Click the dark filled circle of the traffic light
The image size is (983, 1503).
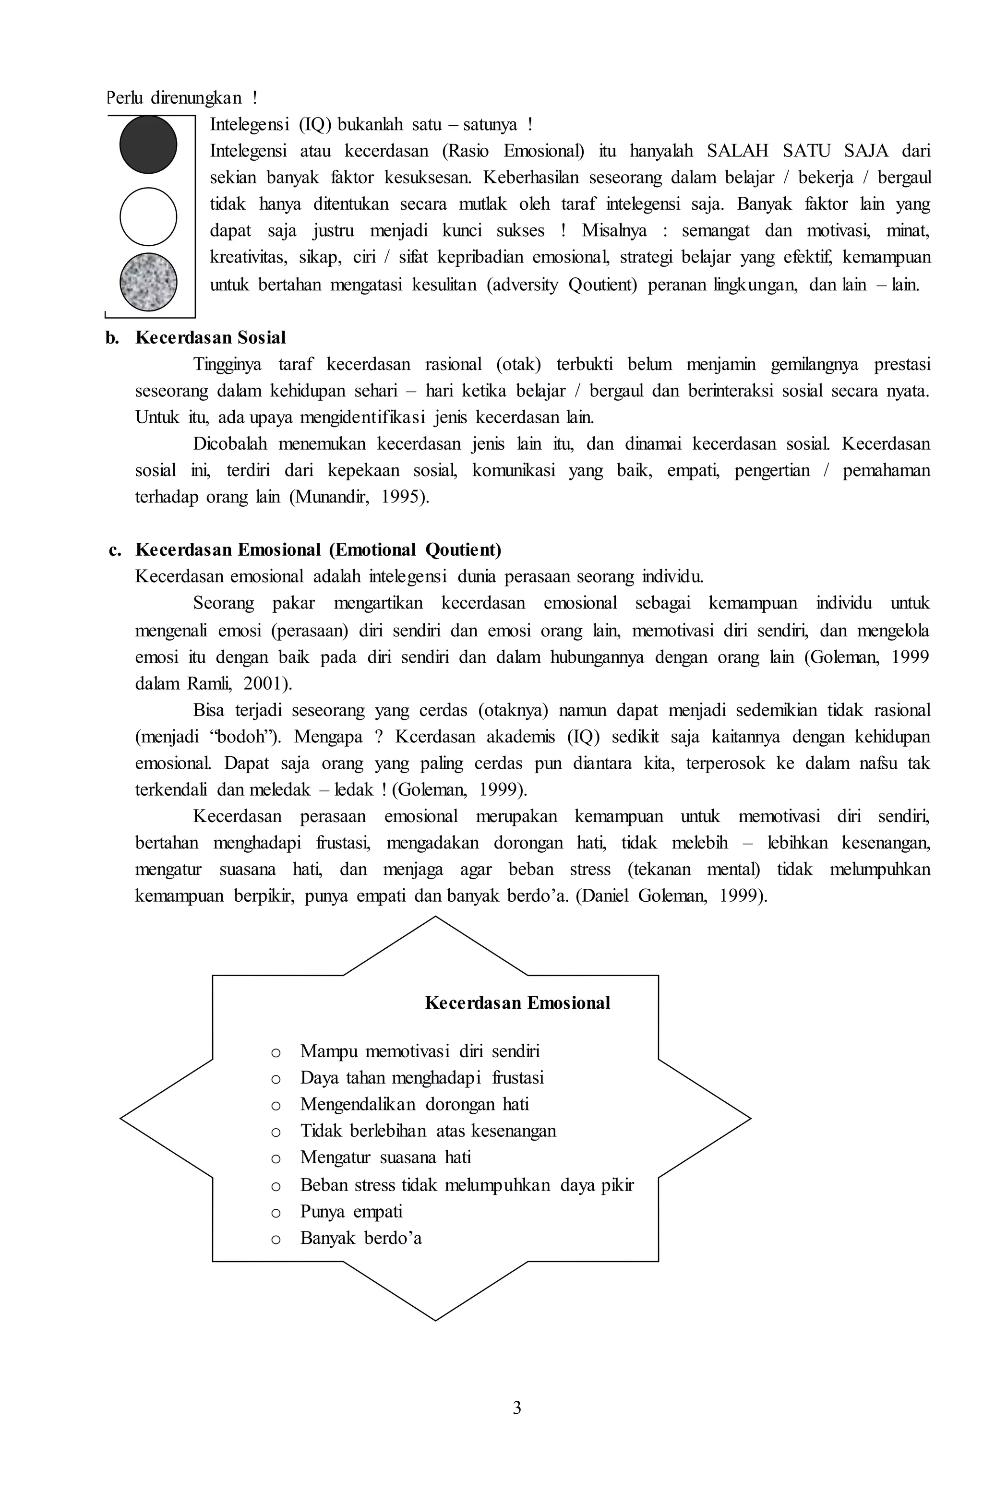(x=148, y=144)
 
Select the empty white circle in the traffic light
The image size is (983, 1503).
(x=148, y=216)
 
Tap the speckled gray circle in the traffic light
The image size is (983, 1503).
(x=148, y=282)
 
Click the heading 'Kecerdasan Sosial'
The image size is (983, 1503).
(x=210, y=338)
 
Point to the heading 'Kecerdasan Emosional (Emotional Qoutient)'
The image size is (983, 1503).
(x=318, y=550)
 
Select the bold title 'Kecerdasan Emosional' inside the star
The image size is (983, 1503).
(x=517, y=1003)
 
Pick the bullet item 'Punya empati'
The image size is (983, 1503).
(x=351, y=1211)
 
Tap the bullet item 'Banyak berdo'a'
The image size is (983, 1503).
(x=361, y=1238)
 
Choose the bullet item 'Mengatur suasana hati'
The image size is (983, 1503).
(x=385, y=1157)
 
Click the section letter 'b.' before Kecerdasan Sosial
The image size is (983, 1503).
(x=112, y=338)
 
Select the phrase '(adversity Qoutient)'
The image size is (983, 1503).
(x=561, y=285)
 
